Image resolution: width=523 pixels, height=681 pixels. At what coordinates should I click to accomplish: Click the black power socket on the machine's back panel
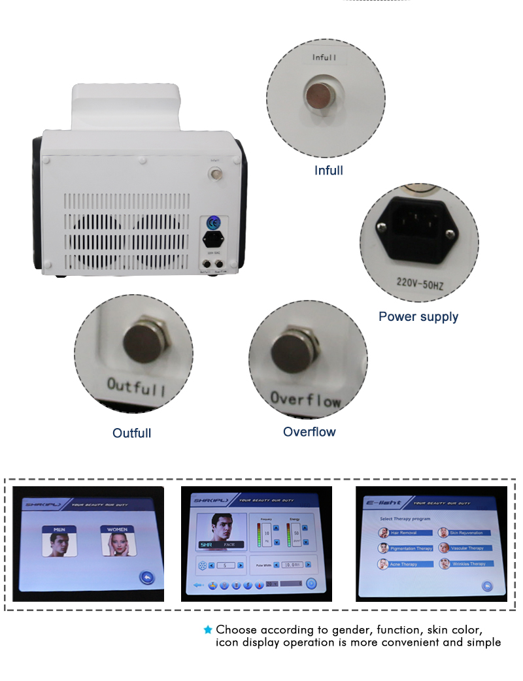(211, 238)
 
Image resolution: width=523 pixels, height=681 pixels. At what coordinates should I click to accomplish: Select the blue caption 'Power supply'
(418, 317)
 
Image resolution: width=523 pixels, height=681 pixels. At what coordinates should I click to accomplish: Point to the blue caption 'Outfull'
(131, 433)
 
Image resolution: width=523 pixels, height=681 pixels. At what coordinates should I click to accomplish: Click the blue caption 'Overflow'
(309, 432)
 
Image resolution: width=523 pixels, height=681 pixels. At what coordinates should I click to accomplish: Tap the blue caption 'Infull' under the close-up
(328, 171)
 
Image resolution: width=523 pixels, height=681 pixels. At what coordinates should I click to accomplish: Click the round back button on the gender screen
(146, 576)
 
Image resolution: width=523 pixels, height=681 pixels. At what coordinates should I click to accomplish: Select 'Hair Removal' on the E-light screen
(406, 533)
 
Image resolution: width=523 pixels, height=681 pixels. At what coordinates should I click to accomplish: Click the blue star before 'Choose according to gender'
(208, 630)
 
